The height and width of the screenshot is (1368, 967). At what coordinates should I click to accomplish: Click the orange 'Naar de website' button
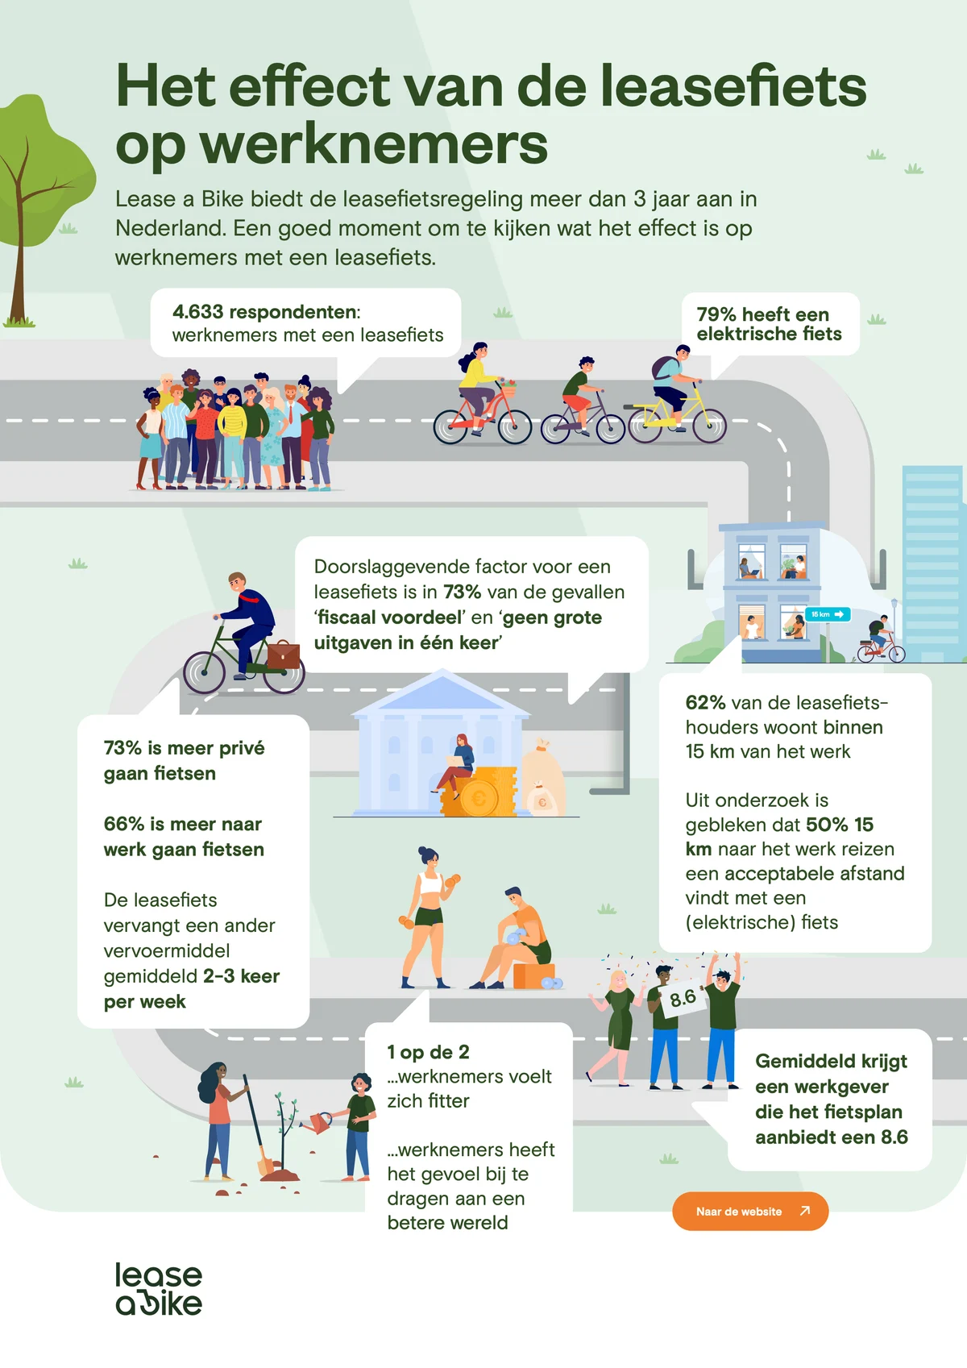click(750, 1211)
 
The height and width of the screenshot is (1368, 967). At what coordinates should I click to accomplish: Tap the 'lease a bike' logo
click(159, 1289)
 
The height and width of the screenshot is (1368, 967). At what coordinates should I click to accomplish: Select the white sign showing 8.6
click(683, 999)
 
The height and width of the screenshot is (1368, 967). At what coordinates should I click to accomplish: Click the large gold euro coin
click(479, 799)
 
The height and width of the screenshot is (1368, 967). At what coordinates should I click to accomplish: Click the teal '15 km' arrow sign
click(828, 614)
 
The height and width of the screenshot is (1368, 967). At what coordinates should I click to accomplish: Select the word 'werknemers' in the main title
click(373, 145)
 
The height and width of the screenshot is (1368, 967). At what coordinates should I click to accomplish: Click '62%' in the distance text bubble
click(705, 703)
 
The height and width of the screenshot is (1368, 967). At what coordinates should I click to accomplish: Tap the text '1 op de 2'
click(428, 1052)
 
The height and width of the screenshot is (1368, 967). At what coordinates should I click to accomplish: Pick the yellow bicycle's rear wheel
click(709, 426)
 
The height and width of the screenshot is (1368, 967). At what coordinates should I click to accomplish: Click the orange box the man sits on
click(533, 975)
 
